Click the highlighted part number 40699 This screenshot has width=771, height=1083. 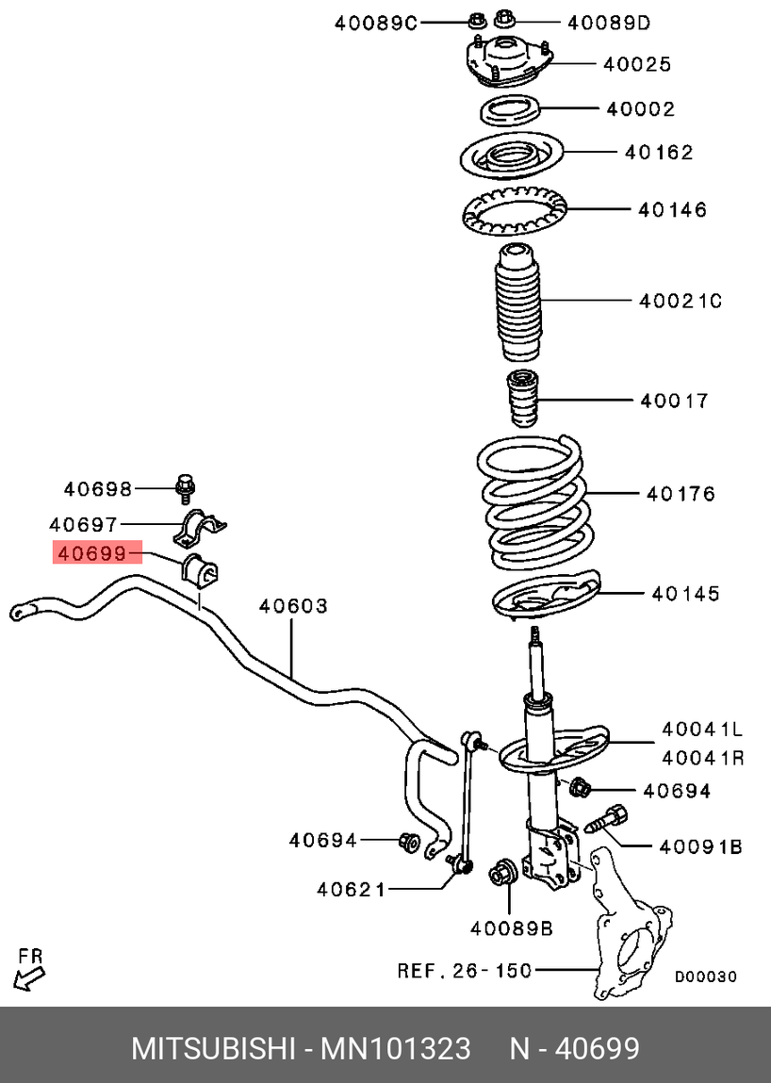[91, 553]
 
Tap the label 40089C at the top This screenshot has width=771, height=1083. [375, 23]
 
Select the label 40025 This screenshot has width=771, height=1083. [637, 64]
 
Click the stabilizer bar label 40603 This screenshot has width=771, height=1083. [293, 606]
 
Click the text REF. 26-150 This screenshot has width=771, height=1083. [465, 969]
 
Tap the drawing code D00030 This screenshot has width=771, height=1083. [705, 977]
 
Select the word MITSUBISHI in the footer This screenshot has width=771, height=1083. [212, 1048]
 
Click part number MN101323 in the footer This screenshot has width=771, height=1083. [396, 1048]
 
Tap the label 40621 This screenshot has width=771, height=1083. [351, 889]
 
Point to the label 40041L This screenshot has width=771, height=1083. [701, 728]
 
